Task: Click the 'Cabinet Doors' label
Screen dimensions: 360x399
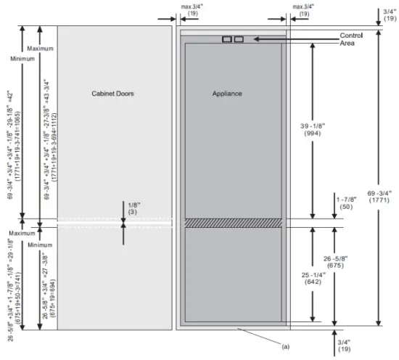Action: tap(113, 94)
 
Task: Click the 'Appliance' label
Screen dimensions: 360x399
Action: tap(226, 94)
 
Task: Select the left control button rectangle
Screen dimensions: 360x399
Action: tap(227, 39)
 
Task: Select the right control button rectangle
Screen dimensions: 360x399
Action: tap(239, 39)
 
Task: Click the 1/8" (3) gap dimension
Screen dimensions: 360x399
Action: tap(131, 209)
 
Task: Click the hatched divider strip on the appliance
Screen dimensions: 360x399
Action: tap(232, 222)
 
